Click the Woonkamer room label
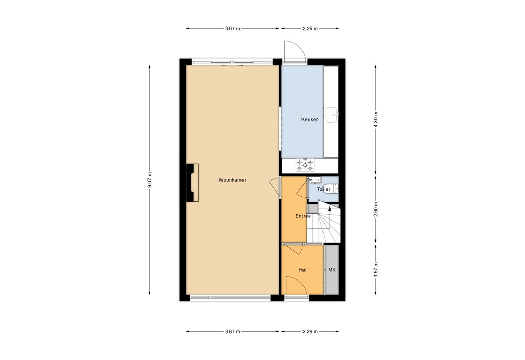tap(232, 180)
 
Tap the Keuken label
tap(310, 119)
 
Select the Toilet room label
tap(324, 189)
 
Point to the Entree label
tap(303, 216)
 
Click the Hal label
tap(302, 270)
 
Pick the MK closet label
tap(332, 270)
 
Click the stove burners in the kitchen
tap(306, 165)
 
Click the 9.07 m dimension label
tap(150, 180)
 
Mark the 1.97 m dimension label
tap(376, 270)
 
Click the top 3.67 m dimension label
tap(232, 28)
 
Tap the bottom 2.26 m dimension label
tap(310, 331)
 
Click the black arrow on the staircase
tap(329, 209)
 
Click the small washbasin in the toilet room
tap(315, 180)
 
